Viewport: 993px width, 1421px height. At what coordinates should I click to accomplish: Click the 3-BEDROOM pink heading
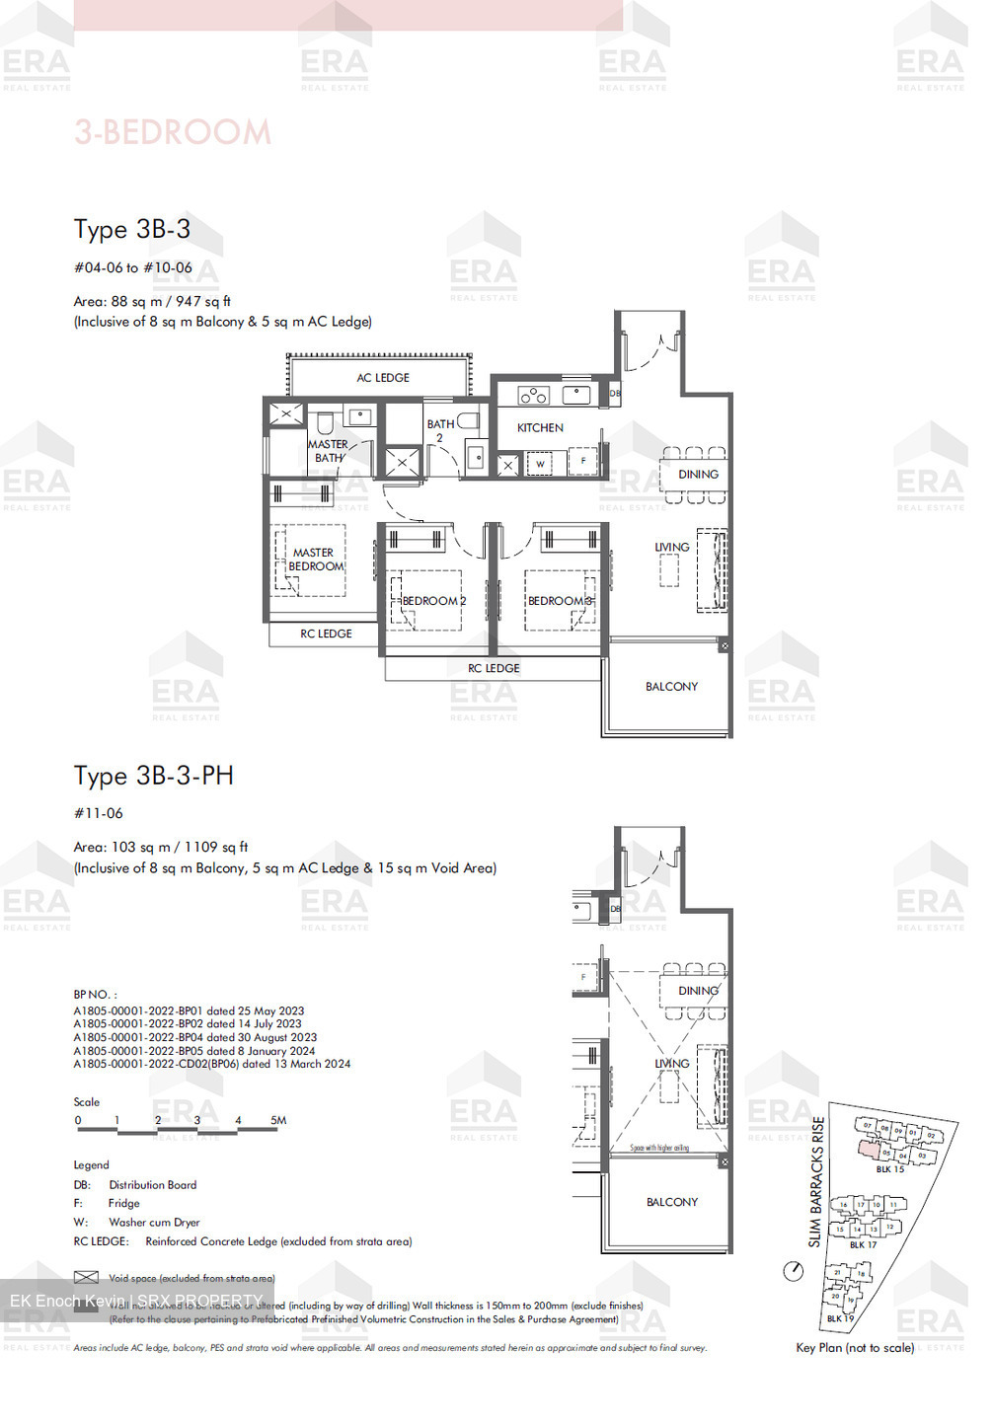point(173,132)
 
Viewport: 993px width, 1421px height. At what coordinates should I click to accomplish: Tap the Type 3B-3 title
point(132,229)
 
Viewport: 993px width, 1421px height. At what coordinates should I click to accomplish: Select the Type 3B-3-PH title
point(154,776)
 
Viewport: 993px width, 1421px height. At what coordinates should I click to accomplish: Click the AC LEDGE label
point(383,378)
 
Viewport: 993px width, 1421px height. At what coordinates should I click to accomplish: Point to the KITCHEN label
point(540,428)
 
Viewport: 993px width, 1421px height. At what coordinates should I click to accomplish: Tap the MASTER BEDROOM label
point(314,560)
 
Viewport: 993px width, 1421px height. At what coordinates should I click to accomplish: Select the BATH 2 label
point(440,430)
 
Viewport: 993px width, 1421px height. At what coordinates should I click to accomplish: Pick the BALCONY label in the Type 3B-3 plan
point(671,687)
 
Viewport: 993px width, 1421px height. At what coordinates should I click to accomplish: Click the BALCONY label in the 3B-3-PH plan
point(672,1202)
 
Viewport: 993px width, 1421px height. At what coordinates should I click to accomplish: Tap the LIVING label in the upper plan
point(672,548)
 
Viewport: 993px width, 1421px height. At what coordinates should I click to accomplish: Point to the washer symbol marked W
point(540,464)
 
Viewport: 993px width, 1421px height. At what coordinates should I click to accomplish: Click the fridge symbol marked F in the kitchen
point(583,461)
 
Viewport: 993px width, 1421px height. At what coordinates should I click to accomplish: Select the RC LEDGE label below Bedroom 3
point(494,669)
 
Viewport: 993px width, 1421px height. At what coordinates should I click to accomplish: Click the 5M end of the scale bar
point(278,1121)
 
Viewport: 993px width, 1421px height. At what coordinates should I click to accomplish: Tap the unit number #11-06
point(99,813)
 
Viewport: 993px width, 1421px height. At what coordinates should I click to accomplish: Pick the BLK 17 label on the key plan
point(863,1245)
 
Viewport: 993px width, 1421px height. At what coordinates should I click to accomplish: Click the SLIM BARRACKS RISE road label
point(816,1181)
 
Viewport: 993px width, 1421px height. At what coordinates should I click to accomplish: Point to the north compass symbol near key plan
point(793,1271)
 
